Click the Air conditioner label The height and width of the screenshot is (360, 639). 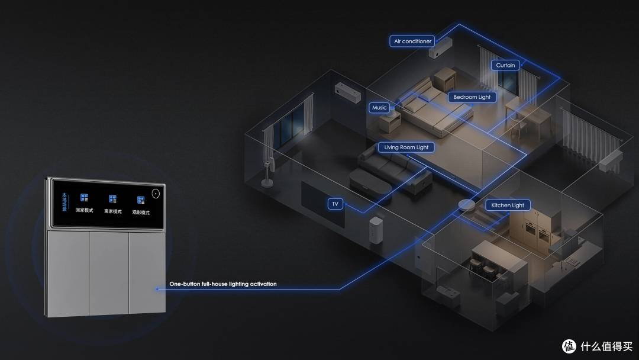click(412, 41)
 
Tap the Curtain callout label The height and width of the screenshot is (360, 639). click(505, 65)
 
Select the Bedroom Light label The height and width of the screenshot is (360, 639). click(472, 97)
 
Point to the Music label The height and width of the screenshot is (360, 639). click(379, 108)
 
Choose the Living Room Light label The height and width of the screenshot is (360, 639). click(406, 147)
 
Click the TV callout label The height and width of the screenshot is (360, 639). click(335, 204)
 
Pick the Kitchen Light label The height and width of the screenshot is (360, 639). click(508, 205)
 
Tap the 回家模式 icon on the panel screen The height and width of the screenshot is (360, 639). click(85, 198)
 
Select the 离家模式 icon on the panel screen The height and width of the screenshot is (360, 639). click(113, 199)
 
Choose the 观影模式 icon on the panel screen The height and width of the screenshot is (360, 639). click(141, 200)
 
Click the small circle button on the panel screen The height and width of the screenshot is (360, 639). click(156, 194)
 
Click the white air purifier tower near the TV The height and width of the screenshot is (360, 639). click(376, 230)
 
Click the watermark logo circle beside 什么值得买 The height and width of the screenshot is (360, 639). click(569, 346)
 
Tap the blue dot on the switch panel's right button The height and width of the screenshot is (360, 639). click(157, 289)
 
